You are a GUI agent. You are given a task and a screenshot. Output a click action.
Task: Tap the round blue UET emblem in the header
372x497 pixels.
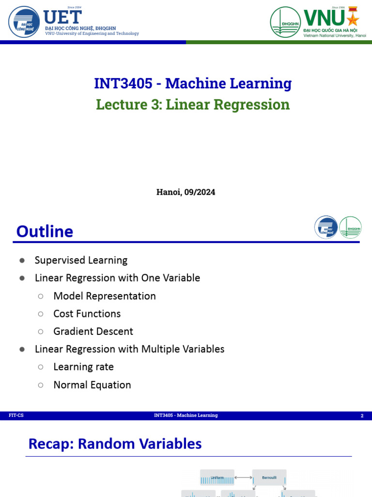click(x=24, y=22)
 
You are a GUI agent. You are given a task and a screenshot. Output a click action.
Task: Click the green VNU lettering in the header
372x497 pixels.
click(x=324, y=18)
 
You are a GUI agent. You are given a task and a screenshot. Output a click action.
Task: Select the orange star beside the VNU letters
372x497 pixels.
click(x=353, y=19)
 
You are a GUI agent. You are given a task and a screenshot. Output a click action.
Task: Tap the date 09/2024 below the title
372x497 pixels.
click(x=200, y=192)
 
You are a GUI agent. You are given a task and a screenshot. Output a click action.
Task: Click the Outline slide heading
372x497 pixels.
click(x=45, y=232)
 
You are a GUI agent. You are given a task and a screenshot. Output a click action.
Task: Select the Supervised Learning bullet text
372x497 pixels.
click(x=81, y=260)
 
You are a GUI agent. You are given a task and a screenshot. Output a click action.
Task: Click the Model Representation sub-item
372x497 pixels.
click(x=105, y=296)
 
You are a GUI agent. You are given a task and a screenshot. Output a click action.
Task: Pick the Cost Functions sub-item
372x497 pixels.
click(x=87, y=314)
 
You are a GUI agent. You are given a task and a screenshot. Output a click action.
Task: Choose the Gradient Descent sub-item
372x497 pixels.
click(x=93, y=331)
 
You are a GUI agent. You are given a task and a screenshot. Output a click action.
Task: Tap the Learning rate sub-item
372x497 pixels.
click(x=83, y=367)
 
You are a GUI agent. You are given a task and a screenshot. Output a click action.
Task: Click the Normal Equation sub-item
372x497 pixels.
click(x=92, y=385)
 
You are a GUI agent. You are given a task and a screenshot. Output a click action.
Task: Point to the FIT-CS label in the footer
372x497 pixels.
click(x=16, y=415)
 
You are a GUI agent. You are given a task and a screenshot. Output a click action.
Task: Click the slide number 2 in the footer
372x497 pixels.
click(x=362, y=416)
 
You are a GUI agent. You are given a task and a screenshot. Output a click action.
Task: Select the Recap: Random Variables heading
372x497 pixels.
click(x=115, y=444)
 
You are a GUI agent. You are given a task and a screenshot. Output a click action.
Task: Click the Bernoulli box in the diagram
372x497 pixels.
click(x=269, y=478)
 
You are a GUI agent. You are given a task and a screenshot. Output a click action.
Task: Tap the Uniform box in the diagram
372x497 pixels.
click(x=217, y=478)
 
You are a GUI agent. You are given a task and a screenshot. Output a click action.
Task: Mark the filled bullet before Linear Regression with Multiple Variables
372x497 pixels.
click(x=22, y=349)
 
